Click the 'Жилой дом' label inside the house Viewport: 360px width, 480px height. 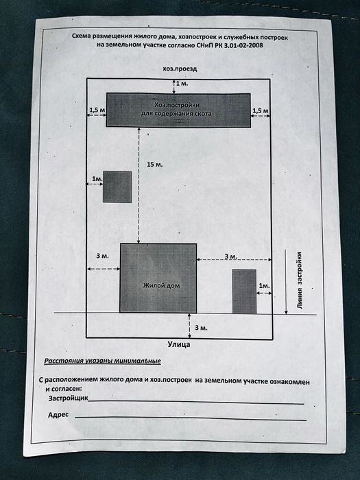[x=161, y=286]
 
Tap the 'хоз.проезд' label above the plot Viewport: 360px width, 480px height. [x=180, y=69]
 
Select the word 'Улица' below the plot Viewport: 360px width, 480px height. [x=179, y=344]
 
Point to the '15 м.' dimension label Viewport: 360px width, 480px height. [x=154, y=165]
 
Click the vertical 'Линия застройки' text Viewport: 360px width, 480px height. [x=300, y=280]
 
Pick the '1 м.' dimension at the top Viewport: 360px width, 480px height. [x=182, y=83]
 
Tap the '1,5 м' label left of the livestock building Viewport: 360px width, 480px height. [x=97, y=110]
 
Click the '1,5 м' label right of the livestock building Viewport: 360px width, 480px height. [x=261, y=110]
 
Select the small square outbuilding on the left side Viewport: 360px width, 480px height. [x=117, y=187]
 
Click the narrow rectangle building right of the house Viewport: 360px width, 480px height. [x=244, y=291]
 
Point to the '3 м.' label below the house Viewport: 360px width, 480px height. [x=201, y=328]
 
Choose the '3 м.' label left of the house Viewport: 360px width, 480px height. [x=102, y=256]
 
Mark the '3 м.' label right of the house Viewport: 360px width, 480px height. [x=231, y=256]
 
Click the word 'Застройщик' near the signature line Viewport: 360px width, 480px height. [x=69, y=398]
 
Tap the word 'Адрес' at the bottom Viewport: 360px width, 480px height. [x=58, y=415]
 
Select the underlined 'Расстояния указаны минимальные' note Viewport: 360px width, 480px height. [x=103, y=361]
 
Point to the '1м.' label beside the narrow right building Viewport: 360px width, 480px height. [x=265, y=286]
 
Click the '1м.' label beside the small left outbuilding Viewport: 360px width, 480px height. [x=97, y=178]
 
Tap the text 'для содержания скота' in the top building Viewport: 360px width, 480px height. [x=176, y=114]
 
